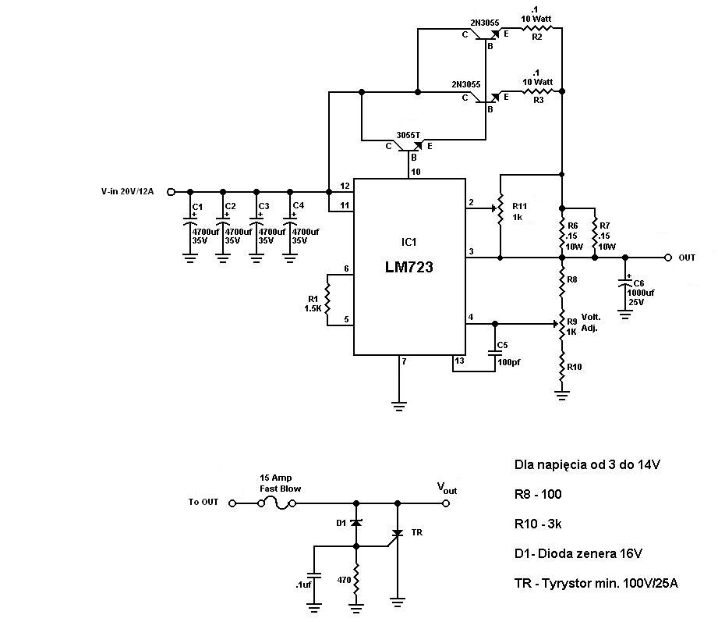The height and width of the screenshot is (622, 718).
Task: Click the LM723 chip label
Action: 409,267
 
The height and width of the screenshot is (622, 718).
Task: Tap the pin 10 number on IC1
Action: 416,172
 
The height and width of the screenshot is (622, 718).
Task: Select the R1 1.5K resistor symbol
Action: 328,297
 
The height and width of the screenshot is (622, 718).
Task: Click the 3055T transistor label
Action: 408,134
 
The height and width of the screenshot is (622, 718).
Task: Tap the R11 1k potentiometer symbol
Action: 500,208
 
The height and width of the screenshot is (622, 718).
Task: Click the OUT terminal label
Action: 688,258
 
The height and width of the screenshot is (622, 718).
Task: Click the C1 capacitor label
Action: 197,206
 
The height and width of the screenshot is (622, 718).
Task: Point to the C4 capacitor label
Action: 298,206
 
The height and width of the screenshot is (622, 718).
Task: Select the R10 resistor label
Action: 575,367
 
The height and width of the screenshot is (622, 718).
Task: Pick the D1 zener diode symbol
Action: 356,523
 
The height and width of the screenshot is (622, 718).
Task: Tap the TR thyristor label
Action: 417,532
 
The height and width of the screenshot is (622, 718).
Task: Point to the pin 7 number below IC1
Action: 404,361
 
